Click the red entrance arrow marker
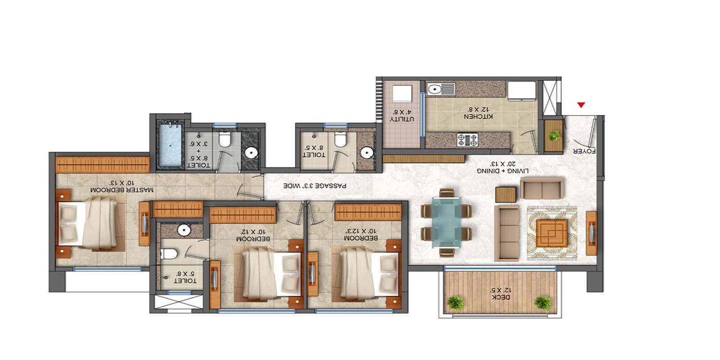581,105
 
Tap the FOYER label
584,152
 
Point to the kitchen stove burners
467,140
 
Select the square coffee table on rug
552,233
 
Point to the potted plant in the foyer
554,135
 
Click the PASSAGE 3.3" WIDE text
315,185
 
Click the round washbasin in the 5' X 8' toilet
183,230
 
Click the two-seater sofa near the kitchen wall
542,188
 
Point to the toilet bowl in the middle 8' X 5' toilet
341,140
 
